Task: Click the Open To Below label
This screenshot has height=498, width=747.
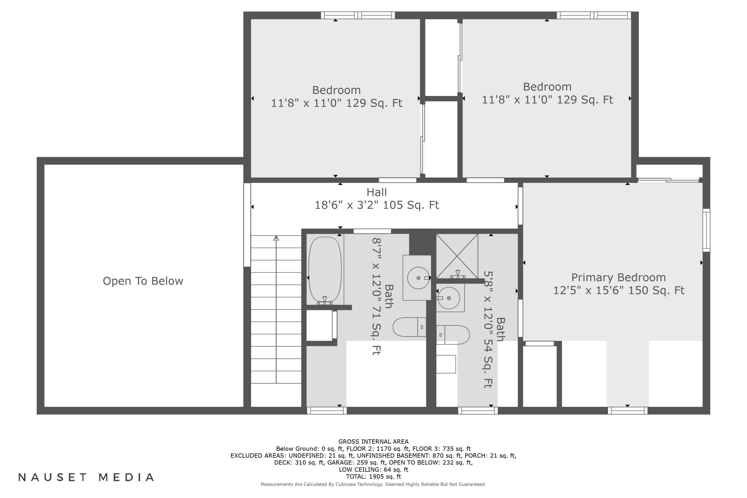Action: click(143, 281)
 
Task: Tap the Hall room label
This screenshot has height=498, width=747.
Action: click(377, 192)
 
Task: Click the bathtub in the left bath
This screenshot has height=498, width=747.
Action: click(325, 269)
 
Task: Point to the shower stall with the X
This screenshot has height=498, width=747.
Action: click(457, 256)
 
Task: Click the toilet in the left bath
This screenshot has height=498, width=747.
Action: click(409, 327)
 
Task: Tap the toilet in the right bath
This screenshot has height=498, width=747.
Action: click(453, 335)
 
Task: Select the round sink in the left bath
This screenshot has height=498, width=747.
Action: click(418, 278)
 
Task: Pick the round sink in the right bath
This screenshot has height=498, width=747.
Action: click(448, 298)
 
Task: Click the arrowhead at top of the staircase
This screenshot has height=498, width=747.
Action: click(276, 238)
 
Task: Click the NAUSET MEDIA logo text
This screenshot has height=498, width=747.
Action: click(86, 477)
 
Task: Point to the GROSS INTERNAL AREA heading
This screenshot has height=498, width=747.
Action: click(373, 441)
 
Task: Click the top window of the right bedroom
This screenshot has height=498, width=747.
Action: click(594, 15)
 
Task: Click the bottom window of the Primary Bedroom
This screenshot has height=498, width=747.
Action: click(627, 411)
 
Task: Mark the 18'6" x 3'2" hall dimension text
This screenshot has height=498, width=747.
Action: click(377, 205)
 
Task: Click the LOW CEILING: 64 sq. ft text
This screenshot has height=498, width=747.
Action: click(373, 469)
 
